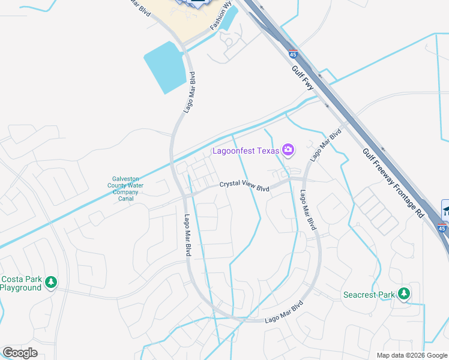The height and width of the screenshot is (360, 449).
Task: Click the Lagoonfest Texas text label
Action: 246,150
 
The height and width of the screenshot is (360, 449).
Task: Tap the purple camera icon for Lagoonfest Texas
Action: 288,149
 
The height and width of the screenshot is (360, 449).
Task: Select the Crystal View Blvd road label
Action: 244,187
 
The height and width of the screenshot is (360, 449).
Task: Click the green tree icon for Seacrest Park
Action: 405,293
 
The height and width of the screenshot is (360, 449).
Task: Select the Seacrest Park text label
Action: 369,295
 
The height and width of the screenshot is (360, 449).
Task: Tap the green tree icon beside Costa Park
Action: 52,281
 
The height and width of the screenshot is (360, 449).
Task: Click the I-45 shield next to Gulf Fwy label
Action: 292,53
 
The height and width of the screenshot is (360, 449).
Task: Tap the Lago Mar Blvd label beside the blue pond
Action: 189,92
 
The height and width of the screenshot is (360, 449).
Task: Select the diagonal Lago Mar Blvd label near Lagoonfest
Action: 325,144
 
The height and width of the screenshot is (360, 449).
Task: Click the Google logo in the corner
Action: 20,353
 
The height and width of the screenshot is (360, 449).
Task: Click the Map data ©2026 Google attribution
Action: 412,355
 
